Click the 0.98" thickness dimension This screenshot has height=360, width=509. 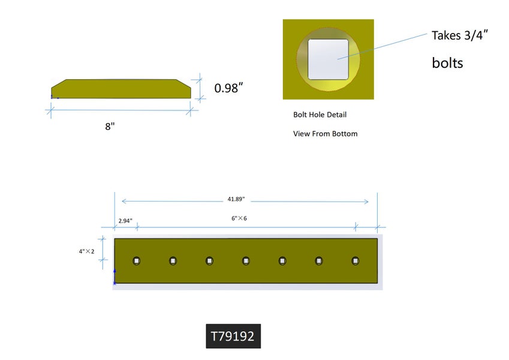pos(228,88)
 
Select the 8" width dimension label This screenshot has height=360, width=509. pos(110,127)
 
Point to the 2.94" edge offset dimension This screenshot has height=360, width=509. pos(125,221)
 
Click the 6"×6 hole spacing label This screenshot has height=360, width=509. pos(239,218)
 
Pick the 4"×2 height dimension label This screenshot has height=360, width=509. pos(87,251)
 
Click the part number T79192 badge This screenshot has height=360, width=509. pos(233,336)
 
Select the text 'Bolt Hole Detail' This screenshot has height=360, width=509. pos(320,115)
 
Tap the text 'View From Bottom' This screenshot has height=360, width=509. pos(325,134)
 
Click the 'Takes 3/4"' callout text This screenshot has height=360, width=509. pos(460,35)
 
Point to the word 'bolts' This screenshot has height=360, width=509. pos(447,62)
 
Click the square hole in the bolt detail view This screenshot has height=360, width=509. pos(329,59)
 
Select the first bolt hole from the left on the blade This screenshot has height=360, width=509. pos(137,260)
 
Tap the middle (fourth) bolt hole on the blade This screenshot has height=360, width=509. pos(246,260)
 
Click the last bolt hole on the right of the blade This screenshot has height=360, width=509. pos(356,260)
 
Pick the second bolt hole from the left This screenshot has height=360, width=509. pos(173,260)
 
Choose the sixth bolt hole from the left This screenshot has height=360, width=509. pos(319,260)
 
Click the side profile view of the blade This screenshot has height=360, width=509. pos(121,89)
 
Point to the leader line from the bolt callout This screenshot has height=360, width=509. pos(384,46)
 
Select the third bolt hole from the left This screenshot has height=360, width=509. pos(209,260)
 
